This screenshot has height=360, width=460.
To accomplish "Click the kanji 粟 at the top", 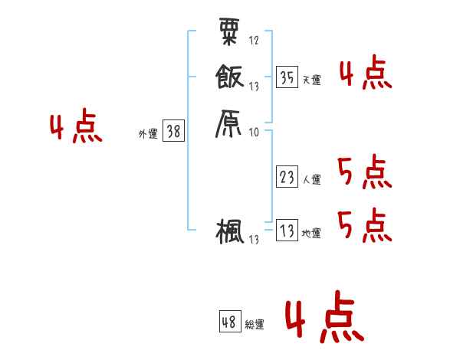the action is [x=228, y=31].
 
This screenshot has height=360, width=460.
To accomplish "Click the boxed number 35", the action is [x=287, y=77].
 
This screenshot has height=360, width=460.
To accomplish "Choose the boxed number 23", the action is [x=287, y=177].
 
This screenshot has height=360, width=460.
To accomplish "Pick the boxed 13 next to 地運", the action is [x=287, y=231].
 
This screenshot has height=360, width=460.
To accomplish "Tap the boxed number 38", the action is [x=173, y=132].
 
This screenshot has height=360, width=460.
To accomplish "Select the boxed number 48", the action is [x=229, y=322].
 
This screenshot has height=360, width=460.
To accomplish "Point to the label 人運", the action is [x=311, y=180].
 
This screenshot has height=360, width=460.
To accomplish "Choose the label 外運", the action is [x=148, y=134].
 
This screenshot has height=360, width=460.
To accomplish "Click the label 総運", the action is [x=254, y=325].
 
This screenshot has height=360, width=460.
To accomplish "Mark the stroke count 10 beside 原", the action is [x=254, y=132].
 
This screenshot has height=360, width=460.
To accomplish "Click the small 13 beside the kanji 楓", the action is [x=254, y=240].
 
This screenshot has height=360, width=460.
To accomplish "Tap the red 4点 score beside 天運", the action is [x=365, y=74].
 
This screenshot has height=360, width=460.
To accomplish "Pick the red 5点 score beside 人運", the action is [x=364, y=172].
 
